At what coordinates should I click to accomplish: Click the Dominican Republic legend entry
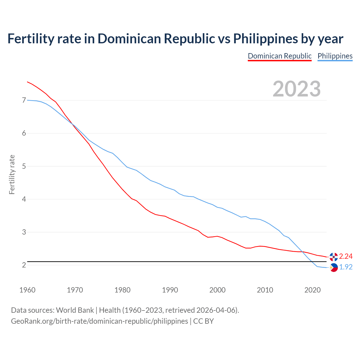pyautogui.click(x=280, y=56)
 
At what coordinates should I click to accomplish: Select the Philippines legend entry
pyautogui.click(x=335, y=56)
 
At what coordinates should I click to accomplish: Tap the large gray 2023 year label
pyautogui.click(x=297, y=89)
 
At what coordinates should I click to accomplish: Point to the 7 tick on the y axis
pyautogui.click(x=24, y=100)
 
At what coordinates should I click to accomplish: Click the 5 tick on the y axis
pyautogui.click(x=24, y=166)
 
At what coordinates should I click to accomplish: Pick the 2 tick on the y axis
pyautogui.click(x=24, y=265)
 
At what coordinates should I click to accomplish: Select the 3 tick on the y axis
pyautogui.click(x=24, y=232)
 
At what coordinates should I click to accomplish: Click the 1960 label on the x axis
pyautogui.click(x=27, y=290)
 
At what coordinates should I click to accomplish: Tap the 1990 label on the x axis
pyautogui.click(x=170, y=290)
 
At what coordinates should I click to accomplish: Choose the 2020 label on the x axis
pyautogui.click(x=312, y=290)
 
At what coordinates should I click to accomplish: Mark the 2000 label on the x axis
pyautogui.click(x=217, y=290)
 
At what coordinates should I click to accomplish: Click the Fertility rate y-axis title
pyautogui.click(x=12, y=174)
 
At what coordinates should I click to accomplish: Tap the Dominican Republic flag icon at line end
pyautogui.click(x=334, y=256)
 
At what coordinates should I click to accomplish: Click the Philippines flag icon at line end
pyautogui.click(x=334, y=267)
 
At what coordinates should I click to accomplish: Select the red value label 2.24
pyautogui.click(x=346, y=256)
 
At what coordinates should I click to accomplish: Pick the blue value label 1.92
pyautogui.click(x=346, y=267)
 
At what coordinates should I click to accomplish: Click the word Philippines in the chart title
pyautogui.click(x=265, y=39)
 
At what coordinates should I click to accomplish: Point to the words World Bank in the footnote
pyautogui.click(x=75, y=310)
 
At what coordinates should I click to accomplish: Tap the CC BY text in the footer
pyautogui.click(x=203, y=321)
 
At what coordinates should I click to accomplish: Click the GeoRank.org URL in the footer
pyautogui.click(x=99, y=321)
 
